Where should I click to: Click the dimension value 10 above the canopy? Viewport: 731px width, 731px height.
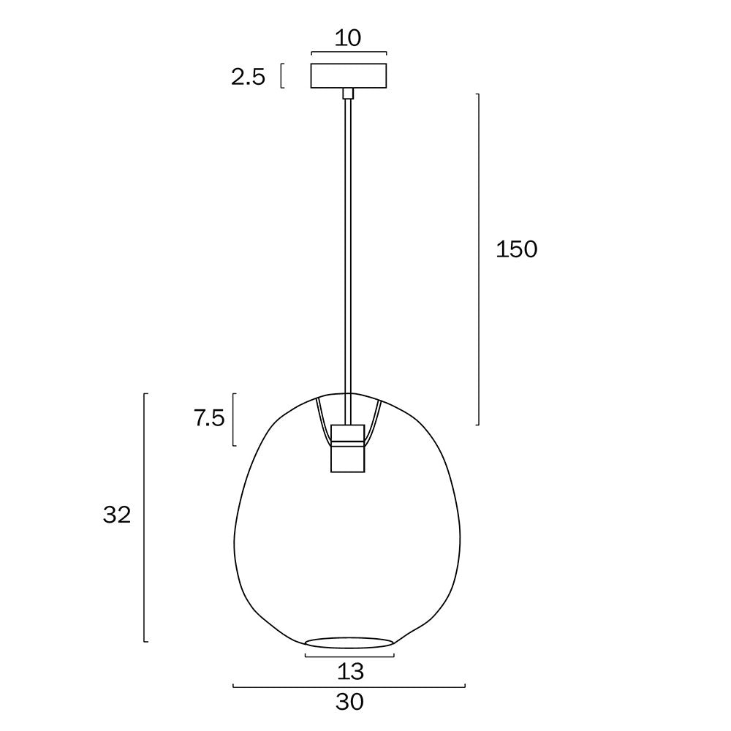point(349,38)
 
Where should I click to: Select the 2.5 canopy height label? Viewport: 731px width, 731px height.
point(248,77)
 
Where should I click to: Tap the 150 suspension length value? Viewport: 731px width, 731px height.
point(516,249)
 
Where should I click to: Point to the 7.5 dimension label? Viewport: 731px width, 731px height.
point(209,420)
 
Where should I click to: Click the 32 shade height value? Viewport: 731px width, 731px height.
point(117,515)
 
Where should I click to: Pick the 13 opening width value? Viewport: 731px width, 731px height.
point(351,670)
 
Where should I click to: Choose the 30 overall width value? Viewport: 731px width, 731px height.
point(349,702)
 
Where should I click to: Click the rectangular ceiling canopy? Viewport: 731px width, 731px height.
point(349,76)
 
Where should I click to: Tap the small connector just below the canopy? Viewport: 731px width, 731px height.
point(349,93)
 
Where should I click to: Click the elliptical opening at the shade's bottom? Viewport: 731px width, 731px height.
point(349,643)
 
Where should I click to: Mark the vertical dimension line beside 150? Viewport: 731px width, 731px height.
point(479,259)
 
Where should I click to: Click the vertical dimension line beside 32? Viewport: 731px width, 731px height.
point(145,518)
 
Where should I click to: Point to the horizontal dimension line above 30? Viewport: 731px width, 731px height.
point(349,686)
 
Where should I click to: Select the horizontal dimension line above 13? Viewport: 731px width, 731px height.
point(349,656)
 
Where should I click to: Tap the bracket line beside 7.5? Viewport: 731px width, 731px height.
point(233,420)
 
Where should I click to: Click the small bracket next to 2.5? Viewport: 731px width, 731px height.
point(281,76)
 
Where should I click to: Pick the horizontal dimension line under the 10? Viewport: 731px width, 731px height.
point(349,53)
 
